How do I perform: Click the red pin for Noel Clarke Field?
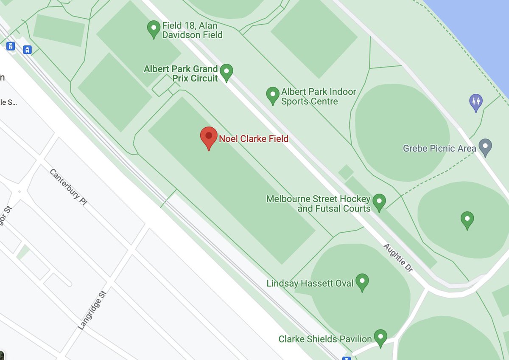208,137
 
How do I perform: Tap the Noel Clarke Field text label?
253,138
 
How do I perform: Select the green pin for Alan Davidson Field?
153,29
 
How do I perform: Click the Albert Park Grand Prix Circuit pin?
227,72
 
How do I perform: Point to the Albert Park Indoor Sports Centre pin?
272,96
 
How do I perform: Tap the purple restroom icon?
475,102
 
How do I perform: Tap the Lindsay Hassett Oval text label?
310,283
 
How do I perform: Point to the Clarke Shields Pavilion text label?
325,339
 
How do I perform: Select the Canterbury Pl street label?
68,187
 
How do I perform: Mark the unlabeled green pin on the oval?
467,219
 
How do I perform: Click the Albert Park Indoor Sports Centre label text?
319,96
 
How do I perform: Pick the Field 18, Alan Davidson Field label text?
192,30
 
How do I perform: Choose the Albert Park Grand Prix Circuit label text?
181,73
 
